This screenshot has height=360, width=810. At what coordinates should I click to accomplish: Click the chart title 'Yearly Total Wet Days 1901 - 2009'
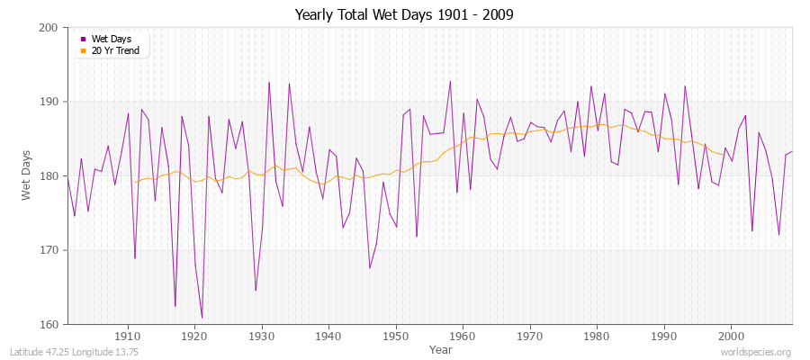[404, 15]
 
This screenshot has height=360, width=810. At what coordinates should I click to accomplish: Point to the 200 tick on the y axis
[50, 28]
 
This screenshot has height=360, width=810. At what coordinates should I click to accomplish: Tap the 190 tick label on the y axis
[50, 102]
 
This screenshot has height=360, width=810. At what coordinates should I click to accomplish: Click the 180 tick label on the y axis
[50, 176]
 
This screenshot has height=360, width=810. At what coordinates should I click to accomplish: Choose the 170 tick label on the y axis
[50, 250]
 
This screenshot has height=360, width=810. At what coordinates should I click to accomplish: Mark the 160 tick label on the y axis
[50, 324]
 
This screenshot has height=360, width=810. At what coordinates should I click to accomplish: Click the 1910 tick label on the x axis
[128, 337]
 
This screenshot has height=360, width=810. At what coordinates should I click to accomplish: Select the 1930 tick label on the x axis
[262, 337]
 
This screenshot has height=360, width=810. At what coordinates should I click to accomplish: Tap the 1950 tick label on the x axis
[396, 337]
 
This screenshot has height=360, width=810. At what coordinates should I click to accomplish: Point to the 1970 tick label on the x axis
[530, 337]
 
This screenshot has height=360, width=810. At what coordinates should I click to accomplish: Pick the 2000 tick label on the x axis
[731, 337]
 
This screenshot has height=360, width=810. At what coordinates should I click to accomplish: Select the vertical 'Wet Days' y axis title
[26, 175]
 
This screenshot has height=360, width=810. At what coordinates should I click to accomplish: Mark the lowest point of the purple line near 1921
[202, 318]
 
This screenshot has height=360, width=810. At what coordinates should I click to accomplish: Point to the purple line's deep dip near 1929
[256, 291]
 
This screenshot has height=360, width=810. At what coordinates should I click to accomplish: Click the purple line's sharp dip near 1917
[175, 306]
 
